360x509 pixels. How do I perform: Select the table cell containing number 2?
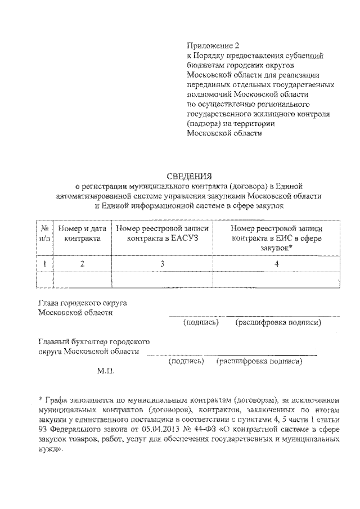click(82, 263)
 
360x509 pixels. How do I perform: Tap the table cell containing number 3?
click(163, 263)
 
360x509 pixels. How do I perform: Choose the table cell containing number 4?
click(277, 263)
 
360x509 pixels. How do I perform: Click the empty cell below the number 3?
click(163, 279)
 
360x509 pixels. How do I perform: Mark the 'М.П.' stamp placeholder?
click(105, 372)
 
